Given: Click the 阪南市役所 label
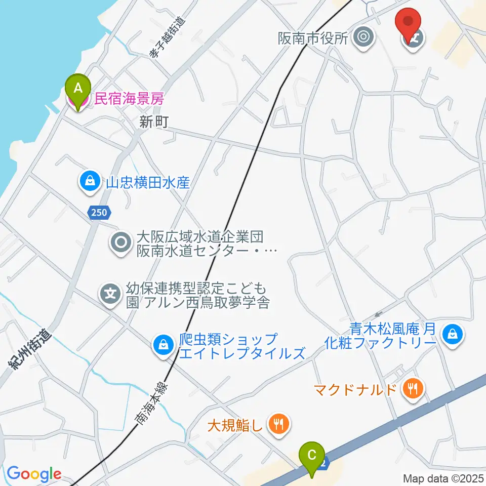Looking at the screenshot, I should coord(313,38).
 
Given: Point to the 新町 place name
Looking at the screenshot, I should coord(154,122).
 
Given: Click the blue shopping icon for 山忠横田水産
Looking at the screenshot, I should coord(90,181).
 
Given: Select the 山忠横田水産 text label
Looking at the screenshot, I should coord(147,182).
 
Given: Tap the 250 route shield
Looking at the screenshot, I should coord(99,213).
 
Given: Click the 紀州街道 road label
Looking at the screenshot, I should coord(30,349).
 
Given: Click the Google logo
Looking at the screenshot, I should coord(34,474).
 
